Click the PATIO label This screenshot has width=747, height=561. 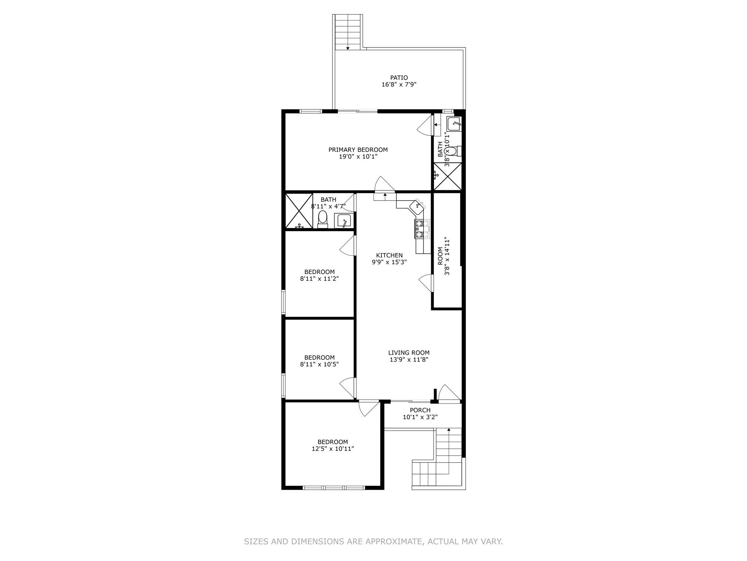399,78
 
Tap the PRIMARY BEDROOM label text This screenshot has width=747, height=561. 358,150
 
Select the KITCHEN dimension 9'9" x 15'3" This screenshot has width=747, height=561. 389,262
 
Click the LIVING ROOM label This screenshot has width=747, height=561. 409,353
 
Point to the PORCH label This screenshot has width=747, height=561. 420,410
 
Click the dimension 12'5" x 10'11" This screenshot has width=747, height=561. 333,449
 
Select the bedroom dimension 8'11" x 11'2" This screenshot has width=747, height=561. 320,279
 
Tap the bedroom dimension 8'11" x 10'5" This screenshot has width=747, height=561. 320,364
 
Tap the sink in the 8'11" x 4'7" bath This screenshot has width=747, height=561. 343,221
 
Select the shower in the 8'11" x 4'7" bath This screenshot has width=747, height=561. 299,211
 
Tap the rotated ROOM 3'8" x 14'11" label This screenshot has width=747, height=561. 444,256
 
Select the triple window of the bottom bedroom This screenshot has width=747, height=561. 334,488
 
